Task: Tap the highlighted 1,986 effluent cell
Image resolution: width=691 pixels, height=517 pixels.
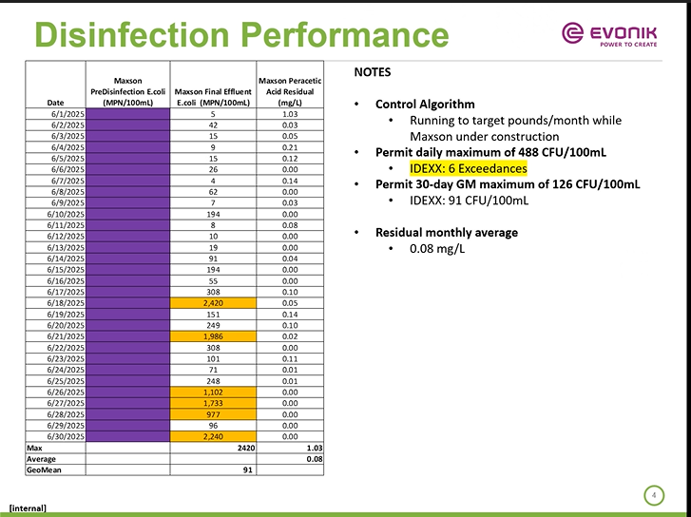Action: point(214,336)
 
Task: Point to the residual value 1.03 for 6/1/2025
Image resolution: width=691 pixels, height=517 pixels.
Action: point(290,114)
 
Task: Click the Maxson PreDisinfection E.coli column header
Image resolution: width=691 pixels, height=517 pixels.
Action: point(128,91)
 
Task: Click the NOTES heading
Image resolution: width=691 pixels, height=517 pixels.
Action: point(372,72)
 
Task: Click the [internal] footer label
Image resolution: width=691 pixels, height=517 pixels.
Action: point(29,507)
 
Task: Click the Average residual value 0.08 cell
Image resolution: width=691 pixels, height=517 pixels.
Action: point(290,459)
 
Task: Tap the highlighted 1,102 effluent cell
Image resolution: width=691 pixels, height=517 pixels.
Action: point(214,392)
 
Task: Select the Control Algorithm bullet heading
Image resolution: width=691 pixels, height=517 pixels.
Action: point(425,104)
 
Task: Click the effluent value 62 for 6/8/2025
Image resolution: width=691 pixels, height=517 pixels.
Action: point(214,191)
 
